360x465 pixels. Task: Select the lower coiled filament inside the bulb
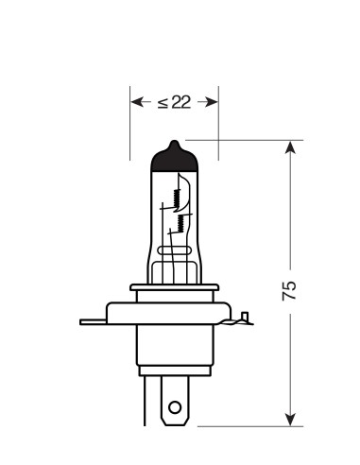point(178,224)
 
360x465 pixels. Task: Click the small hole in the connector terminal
point(173,408)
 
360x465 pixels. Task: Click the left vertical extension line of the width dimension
point(129,123)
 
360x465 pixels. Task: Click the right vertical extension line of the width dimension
point(218,123)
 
